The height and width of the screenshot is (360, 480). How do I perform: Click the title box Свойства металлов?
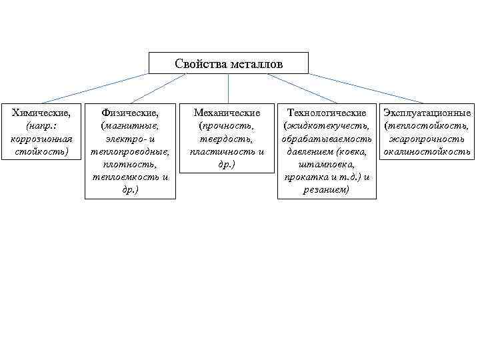pyautogui.click(x=229, y=64)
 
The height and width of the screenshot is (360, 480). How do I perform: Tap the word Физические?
pyautogui.click(x=130, y=113)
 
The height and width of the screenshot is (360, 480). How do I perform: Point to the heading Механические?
pyautogui.click(x=227, y=113)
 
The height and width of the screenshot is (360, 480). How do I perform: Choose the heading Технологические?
pyautogui.click(x=327, y=113)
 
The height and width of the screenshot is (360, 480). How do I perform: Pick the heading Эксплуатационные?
pyautogui.click(x=427, y=113)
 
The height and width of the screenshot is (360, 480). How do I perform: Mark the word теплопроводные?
pyautogui.click(x=130, y=152)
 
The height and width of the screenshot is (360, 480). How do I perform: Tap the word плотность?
pyautogui.click(x=130, y=165)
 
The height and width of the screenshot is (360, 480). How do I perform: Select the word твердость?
pyautogui.click(x=227, y=139)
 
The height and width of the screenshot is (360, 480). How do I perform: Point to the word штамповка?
pyautogui.click(x=327, y=165)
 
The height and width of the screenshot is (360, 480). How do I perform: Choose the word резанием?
pyautogui.click(x=327, y=191)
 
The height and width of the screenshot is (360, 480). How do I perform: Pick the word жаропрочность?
pyautogui.click(x=427, y=139)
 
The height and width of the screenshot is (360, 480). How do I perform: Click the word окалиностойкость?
pyautogui.click(x=427, y=152)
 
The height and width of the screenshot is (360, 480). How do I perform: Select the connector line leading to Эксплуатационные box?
pyautogui.click(x=367, y=88)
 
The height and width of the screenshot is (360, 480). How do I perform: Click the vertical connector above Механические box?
pyautogui.click(x=228, y=88)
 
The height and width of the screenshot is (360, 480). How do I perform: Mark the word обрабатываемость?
pyautogui.click(x=327, y=139)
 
